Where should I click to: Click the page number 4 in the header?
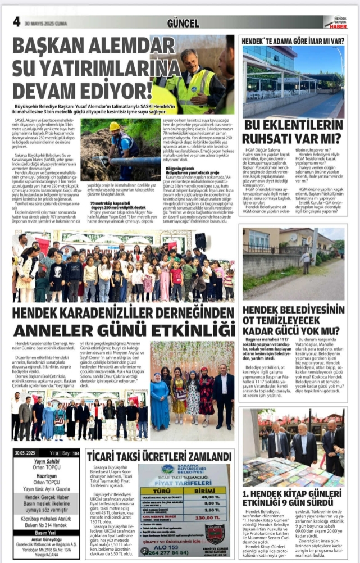click(x=17, y=21)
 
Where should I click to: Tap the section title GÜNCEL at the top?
click(x=183, y=23)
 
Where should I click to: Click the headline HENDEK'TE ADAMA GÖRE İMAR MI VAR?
click(x=293, y=41)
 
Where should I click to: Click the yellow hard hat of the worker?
click(x=115, y=126)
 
